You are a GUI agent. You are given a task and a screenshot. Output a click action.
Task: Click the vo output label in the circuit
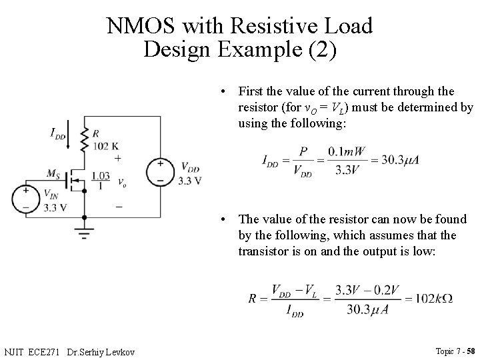tap(121, 181)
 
